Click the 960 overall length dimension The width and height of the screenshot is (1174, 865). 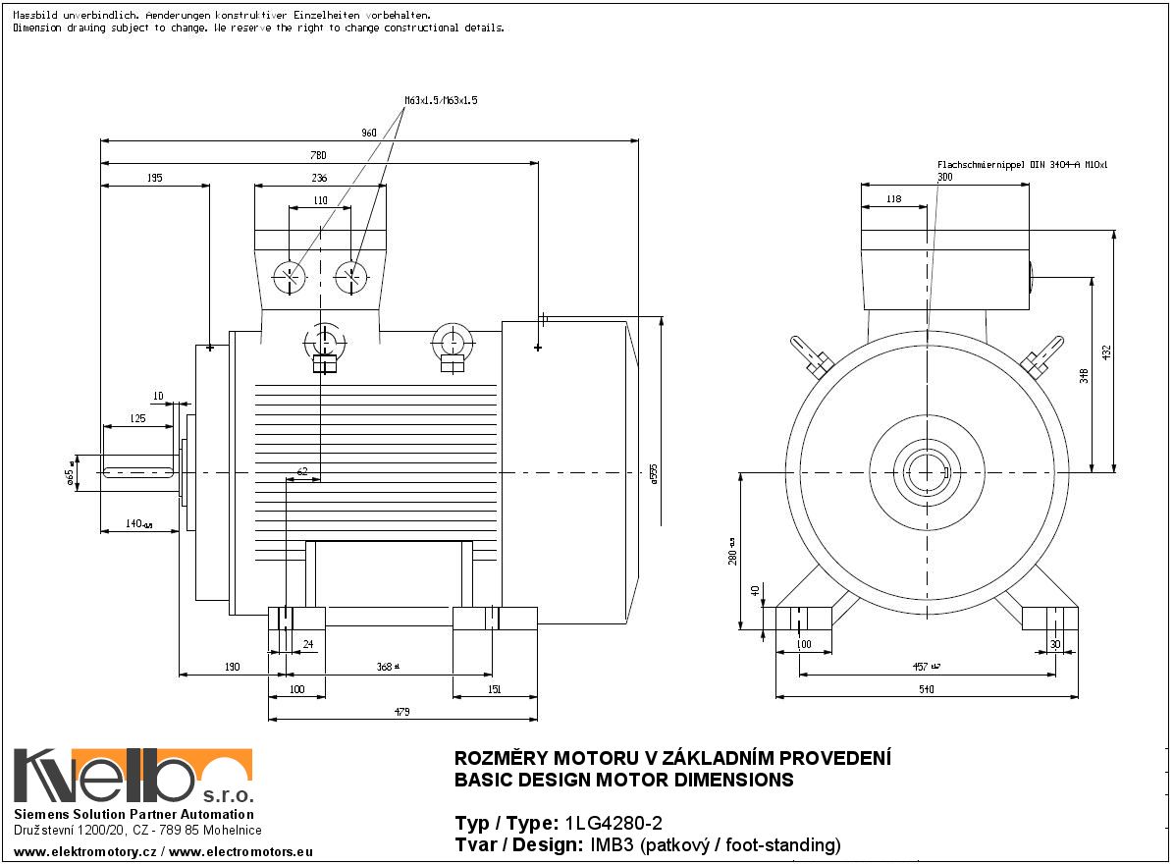(369, 132)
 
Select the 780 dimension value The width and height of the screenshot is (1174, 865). (319, 155)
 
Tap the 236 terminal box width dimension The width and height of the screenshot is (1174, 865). (319, 178)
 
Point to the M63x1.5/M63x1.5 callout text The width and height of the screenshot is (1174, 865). (441, 100)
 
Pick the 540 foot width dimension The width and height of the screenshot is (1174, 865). (926, 689)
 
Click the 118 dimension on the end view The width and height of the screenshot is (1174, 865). (893, 199)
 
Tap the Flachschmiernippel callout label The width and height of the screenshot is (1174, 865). (1022, 165)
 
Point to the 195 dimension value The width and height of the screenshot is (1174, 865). (154, 178)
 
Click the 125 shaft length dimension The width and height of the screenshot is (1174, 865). (137, 419)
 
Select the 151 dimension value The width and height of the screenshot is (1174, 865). (495, 689)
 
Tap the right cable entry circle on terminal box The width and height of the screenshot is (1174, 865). (351, 278)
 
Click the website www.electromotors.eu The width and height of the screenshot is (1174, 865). (240, 851)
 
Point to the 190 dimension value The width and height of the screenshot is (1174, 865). (231, 667)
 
